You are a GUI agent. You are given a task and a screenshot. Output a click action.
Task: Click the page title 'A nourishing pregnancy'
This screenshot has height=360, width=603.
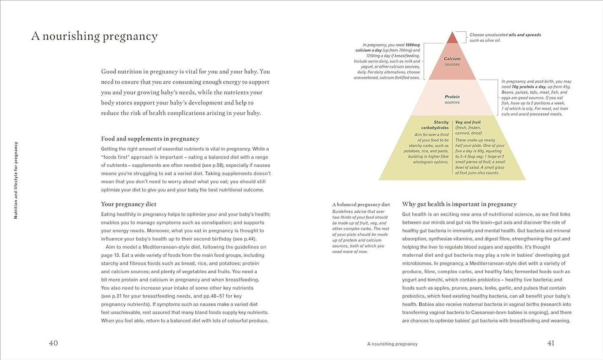coord(94,36)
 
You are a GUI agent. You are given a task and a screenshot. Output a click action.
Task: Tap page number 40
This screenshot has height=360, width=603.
coord(53,343)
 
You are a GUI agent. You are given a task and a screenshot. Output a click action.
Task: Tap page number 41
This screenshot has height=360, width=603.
coord(551,343)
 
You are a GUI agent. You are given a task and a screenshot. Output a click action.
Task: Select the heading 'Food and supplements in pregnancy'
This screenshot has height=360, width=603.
coord(150,139)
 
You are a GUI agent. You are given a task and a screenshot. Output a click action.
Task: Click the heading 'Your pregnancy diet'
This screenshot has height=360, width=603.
coord(129,204)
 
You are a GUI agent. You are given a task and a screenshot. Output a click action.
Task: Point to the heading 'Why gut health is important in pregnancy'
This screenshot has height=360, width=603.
coord(459,204)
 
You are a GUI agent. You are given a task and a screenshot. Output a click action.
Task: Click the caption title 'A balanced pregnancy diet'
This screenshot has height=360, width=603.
coord(361,204)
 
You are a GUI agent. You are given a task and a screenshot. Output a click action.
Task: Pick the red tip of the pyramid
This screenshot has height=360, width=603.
coord(452,38)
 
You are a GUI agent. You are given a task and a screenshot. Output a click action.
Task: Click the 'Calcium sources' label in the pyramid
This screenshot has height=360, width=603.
coord(452,61)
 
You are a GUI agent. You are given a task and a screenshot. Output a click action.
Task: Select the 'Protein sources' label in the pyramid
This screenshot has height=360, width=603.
coord(452,99)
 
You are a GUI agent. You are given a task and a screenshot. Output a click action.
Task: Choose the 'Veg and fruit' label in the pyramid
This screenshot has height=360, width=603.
coord(468,123)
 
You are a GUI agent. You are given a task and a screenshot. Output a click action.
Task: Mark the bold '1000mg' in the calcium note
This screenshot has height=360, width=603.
coord(412,45)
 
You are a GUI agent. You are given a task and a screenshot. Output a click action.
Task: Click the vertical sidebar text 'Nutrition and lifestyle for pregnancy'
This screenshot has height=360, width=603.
coord(16,180)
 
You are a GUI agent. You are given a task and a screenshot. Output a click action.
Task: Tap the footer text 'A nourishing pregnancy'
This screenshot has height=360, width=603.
coord(392,344)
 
